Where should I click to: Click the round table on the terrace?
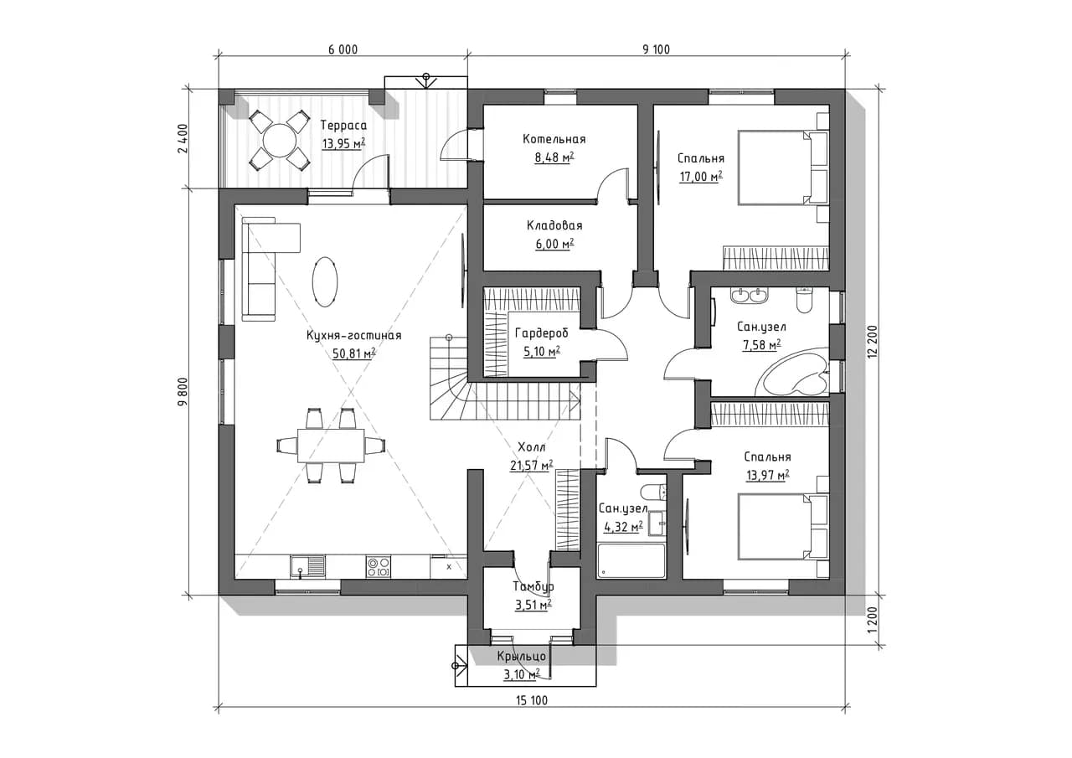point(279,140)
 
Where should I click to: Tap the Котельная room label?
point(554,139)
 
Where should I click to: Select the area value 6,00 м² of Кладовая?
point(554,244)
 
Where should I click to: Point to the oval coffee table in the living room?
point(324,281)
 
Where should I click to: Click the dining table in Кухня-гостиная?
point(331,445)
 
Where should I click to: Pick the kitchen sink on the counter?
point(307,566)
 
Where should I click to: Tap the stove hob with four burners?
point(378,566)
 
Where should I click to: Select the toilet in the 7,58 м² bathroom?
point(805,300)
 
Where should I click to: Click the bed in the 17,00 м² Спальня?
point(783,168)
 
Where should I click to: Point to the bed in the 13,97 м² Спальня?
point(783,526)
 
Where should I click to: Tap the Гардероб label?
point(541,333)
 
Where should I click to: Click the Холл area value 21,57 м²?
point(531,465)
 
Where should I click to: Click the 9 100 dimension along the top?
point(656,49)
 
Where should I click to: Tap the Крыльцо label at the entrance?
point(521,656)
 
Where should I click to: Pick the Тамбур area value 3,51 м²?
point(533,606)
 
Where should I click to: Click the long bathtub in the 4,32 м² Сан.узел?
point(631,560)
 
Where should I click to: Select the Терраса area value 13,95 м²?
point(343,143)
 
